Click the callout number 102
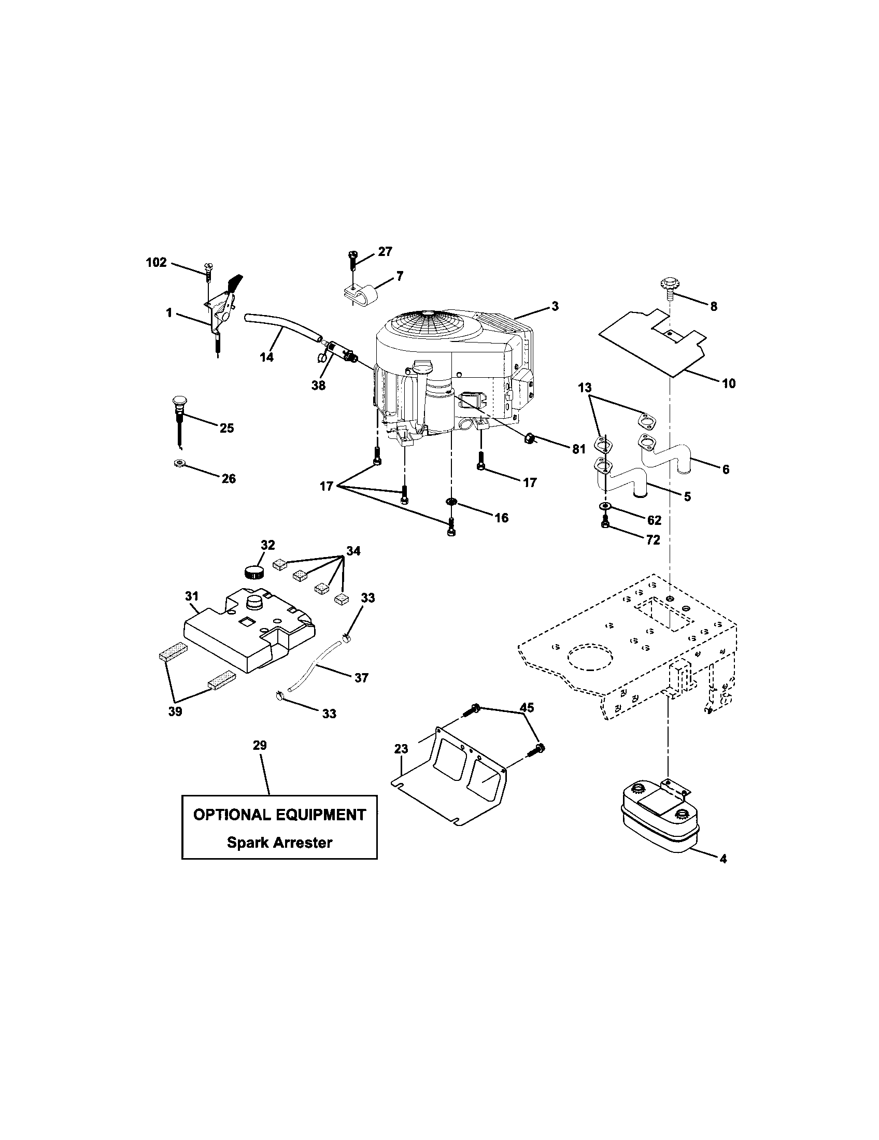pyautogui.click(x=156, y=263)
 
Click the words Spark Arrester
pyautogui.click(x=279, y=842)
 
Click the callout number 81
pyautogui.click(x=578, y=449)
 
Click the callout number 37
pyautogui.click(x=361, y=678)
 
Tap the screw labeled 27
pyautogui.click(x=352, y=259)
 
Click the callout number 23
pyautogui.click(x=401, y=749)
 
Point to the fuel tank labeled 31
pyautogui.click(x=245, y=634)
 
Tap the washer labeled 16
pyautogui.click(x=451, y=502)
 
